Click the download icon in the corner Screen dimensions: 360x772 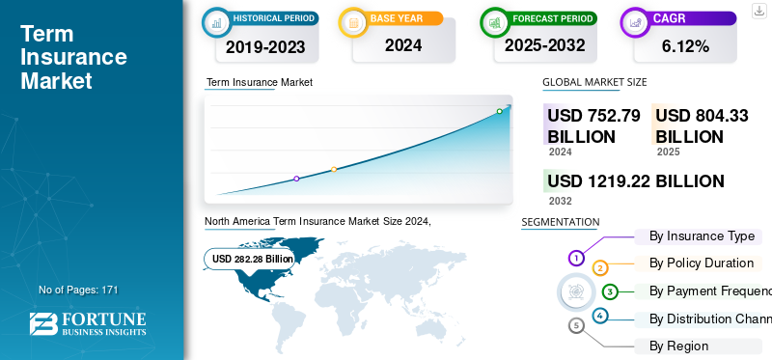point(758,11)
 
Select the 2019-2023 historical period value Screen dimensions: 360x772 point(264,45)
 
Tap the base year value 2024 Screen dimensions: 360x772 point(402,44)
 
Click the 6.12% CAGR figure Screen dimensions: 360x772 point(685,45)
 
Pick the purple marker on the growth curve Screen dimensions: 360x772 point(296,179)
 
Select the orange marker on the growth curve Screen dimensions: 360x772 point(334,170)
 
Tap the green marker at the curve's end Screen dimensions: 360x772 point(500,112)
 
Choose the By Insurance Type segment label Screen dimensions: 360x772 point(702,236)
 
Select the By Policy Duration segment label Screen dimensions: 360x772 point(702,263)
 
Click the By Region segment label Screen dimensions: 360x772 point(678,346)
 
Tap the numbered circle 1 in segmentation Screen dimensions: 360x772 point(576,258)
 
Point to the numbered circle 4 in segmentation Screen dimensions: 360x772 point(600,316)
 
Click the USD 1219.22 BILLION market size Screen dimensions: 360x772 point(635,181)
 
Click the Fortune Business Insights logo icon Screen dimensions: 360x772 point(41,324)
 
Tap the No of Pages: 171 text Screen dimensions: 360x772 point(78,290)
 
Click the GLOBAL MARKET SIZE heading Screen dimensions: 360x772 point(594,83)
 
